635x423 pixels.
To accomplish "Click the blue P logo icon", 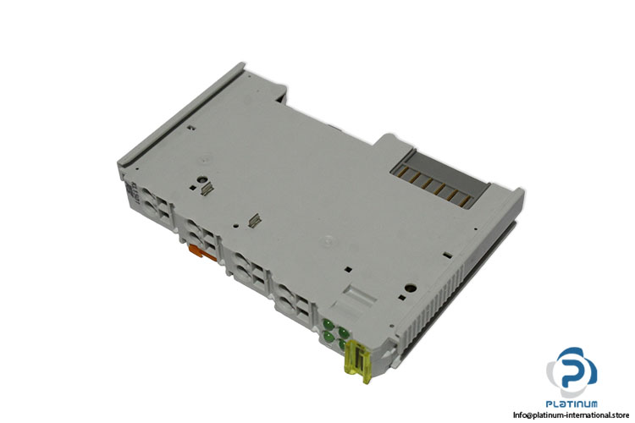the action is pyautogui.click(x=571, y=372).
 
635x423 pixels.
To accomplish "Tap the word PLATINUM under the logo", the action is pyautogui.click(x=571, y=404).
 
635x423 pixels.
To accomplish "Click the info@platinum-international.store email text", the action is pyautogui.click(x=571, y=415).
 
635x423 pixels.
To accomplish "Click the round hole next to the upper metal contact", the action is pyautogui.click(x=201, y=179).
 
